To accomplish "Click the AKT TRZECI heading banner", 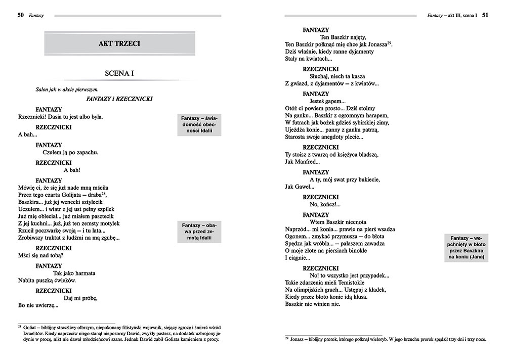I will point(119,44).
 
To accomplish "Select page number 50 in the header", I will point(21,15).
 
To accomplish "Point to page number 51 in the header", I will point(485,15).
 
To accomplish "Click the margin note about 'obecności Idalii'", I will point(199,124).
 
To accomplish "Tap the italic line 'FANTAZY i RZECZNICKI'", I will point(120,99).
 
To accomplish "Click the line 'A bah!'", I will point(73,170).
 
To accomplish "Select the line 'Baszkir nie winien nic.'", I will point(312,304).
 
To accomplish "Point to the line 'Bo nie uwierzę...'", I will point(38,305).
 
